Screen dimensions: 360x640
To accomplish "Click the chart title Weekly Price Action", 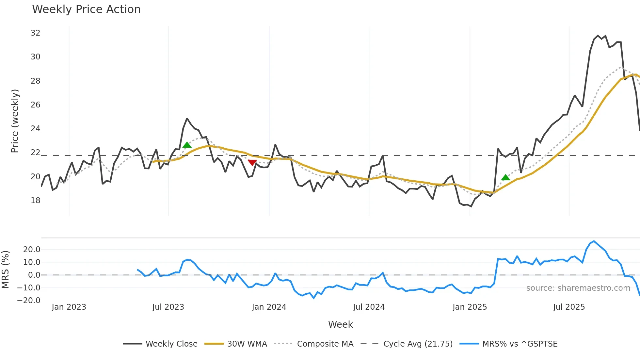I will tap(86, 9).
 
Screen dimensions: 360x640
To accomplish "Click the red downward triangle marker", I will tap(252, 162).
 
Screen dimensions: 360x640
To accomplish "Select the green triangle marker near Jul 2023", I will tap(187, 145).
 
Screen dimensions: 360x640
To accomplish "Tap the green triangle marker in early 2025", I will tap(505, 178).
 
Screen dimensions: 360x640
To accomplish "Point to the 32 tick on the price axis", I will tap(35, 33).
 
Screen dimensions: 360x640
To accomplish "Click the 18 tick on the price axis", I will tap(35, 201).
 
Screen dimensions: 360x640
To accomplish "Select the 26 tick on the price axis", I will tap(35, 105).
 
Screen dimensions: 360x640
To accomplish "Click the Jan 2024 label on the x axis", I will tap(269, 307).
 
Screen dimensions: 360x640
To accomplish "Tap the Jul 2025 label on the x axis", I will tap(569, 307).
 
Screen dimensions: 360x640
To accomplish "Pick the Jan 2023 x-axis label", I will tap(69, 307).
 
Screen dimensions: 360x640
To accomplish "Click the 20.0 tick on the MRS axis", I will tap(32, 250).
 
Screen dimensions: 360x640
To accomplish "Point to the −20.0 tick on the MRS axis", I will tap(29, 301).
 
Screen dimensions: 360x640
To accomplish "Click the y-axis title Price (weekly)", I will tap(15, 121).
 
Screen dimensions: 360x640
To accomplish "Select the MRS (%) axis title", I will tap(6, 270).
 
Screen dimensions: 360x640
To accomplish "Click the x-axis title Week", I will tap(340, 324).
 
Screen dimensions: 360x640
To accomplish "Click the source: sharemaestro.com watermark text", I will tap(578, 288).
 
